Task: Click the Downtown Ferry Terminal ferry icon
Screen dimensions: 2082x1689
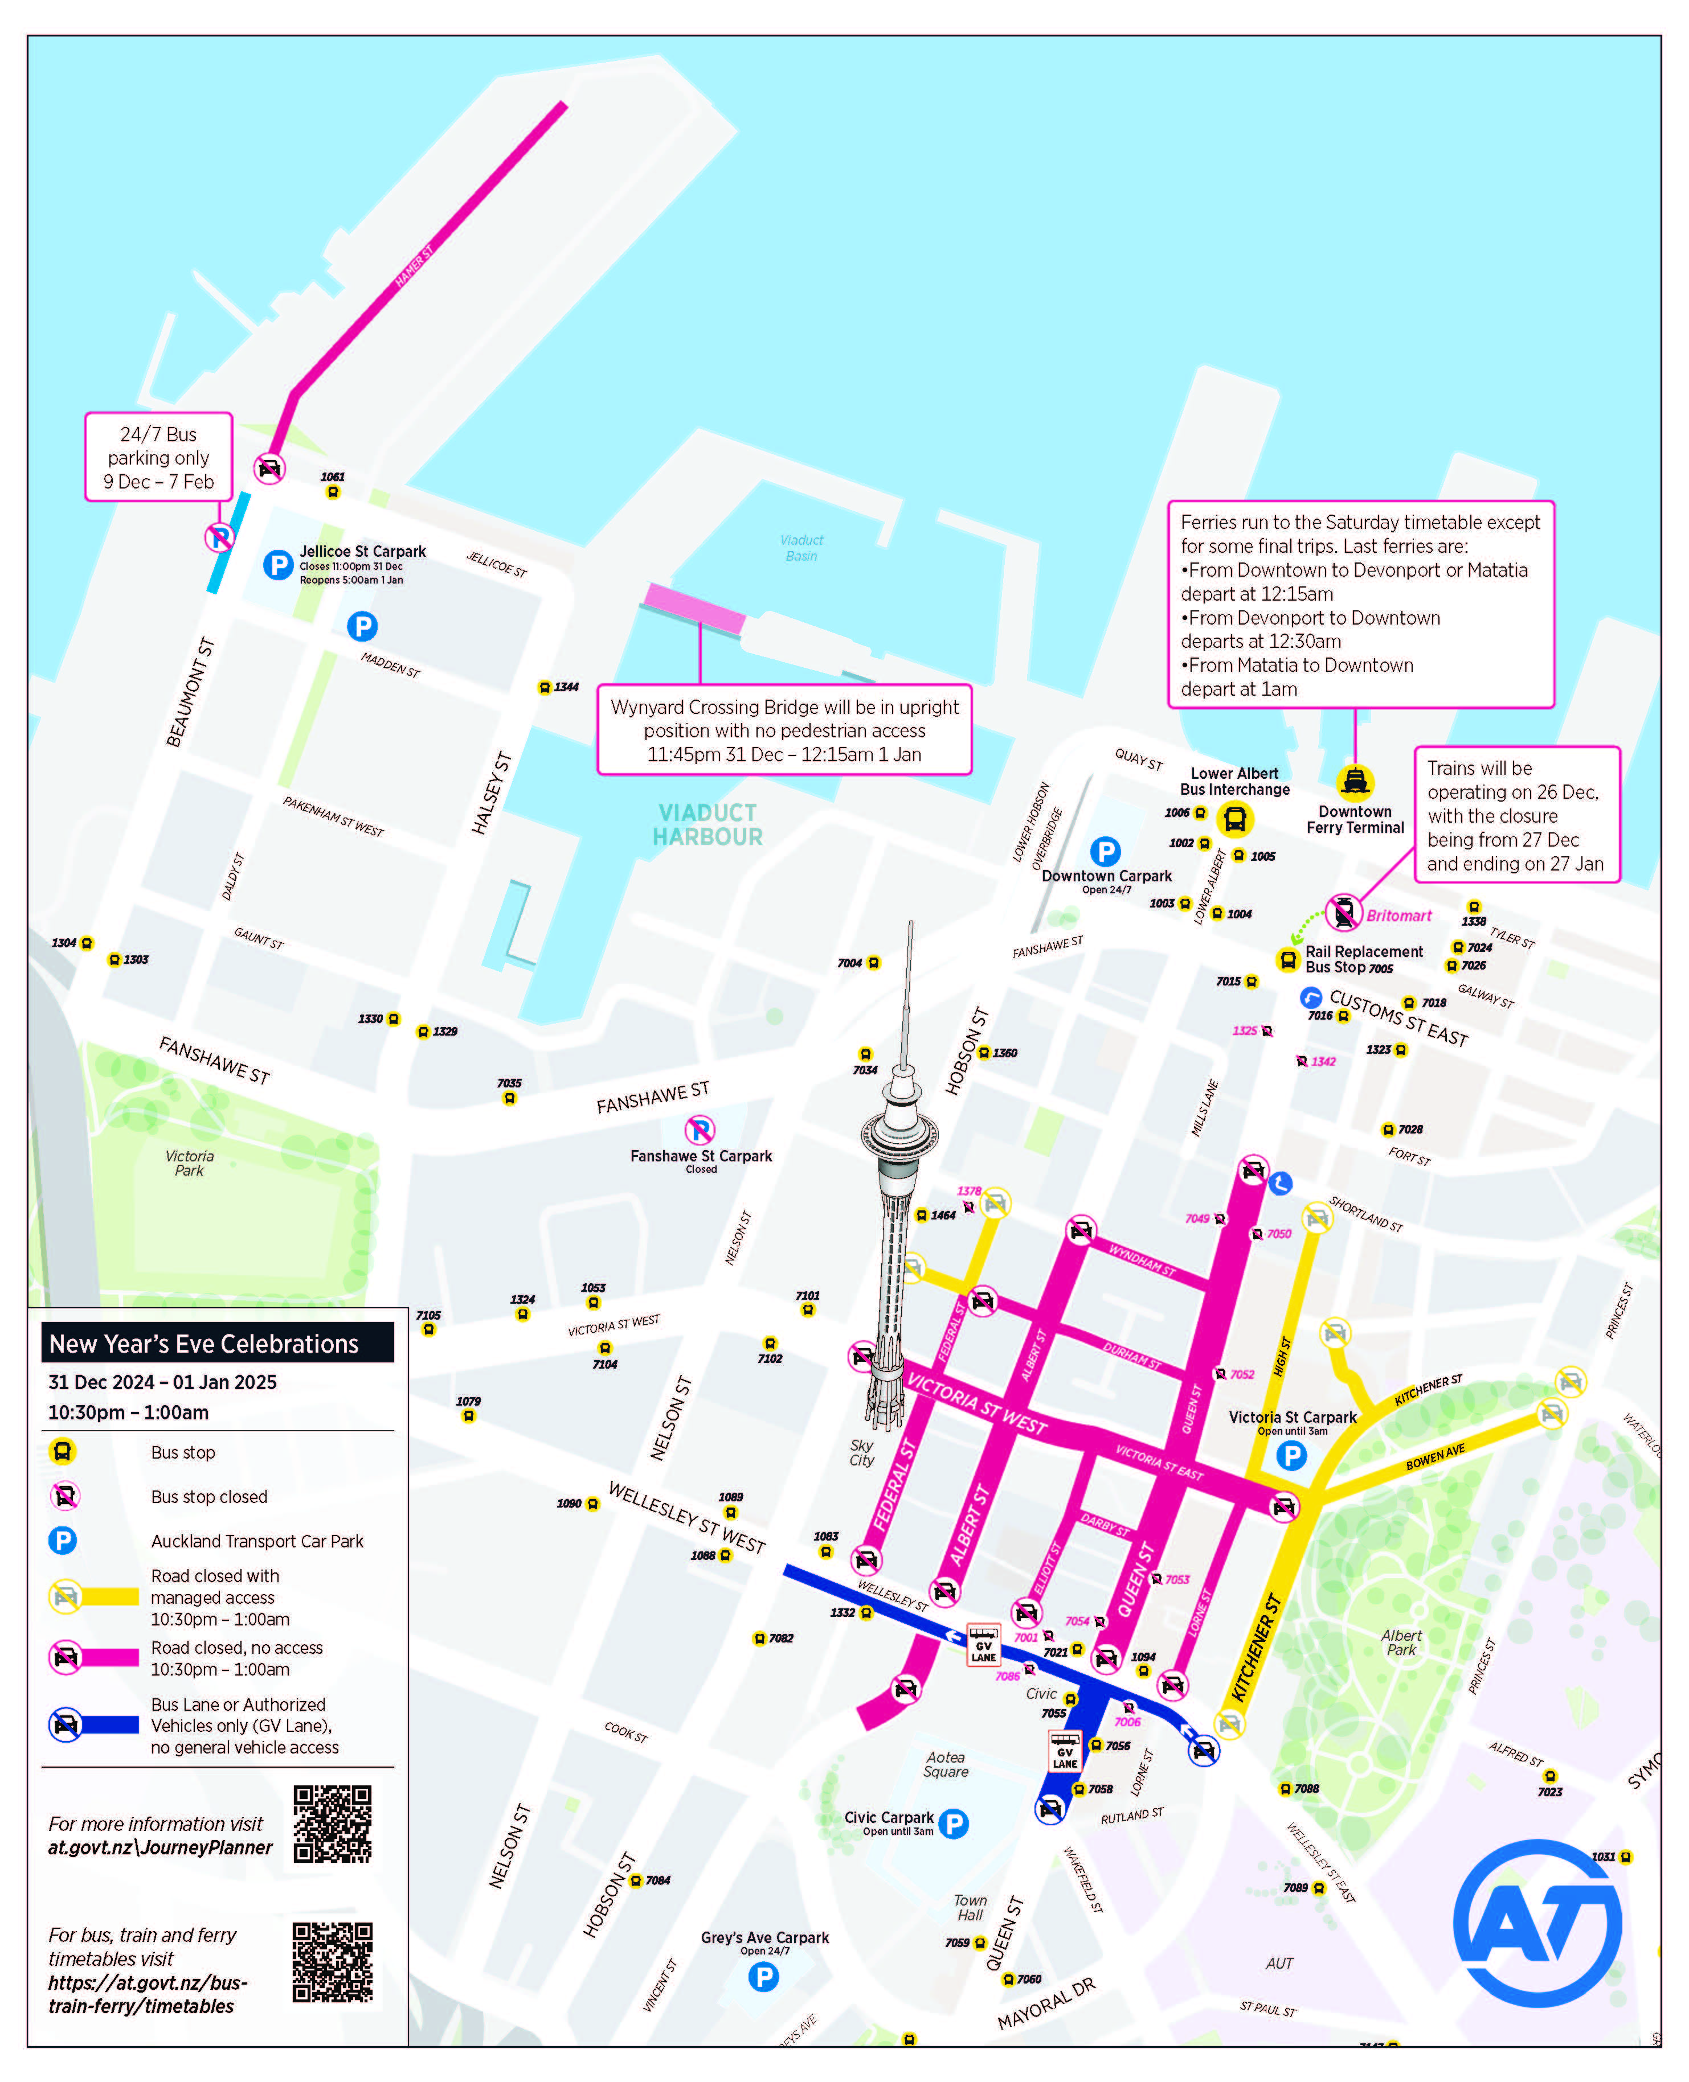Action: [1354, 782]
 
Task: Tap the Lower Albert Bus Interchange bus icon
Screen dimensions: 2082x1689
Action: [1234, 820]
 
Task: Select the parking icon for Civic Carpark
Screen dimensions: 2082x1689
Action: [954, 1824]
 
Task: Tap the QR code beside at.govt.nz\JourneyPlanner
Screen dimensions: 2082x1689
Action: [333, 1824]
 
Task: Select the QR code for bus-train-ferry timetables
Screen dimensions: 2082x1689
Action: [333, 1962]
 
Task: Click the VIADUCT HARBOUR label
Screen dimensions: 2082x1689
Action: [708, 824]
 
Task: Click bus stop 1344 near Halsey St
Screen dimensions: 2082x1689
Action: [545, 688]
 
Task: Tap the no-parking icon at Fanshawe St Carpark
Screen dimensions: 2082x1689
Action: [700, 1130]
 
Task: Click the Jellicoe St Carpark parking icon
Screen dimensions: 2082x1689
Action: [278, 565]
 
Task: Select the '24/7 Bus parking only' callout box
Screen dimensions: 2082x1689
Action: [158, 457]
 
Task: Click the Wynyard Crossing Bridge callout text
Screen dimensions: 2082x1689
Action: [784, 730]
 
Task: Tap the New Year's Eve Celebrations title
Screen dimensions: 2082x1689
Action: [205, 1344]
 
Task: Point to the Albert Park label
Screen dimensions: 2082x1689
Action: [1401, 1642]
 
